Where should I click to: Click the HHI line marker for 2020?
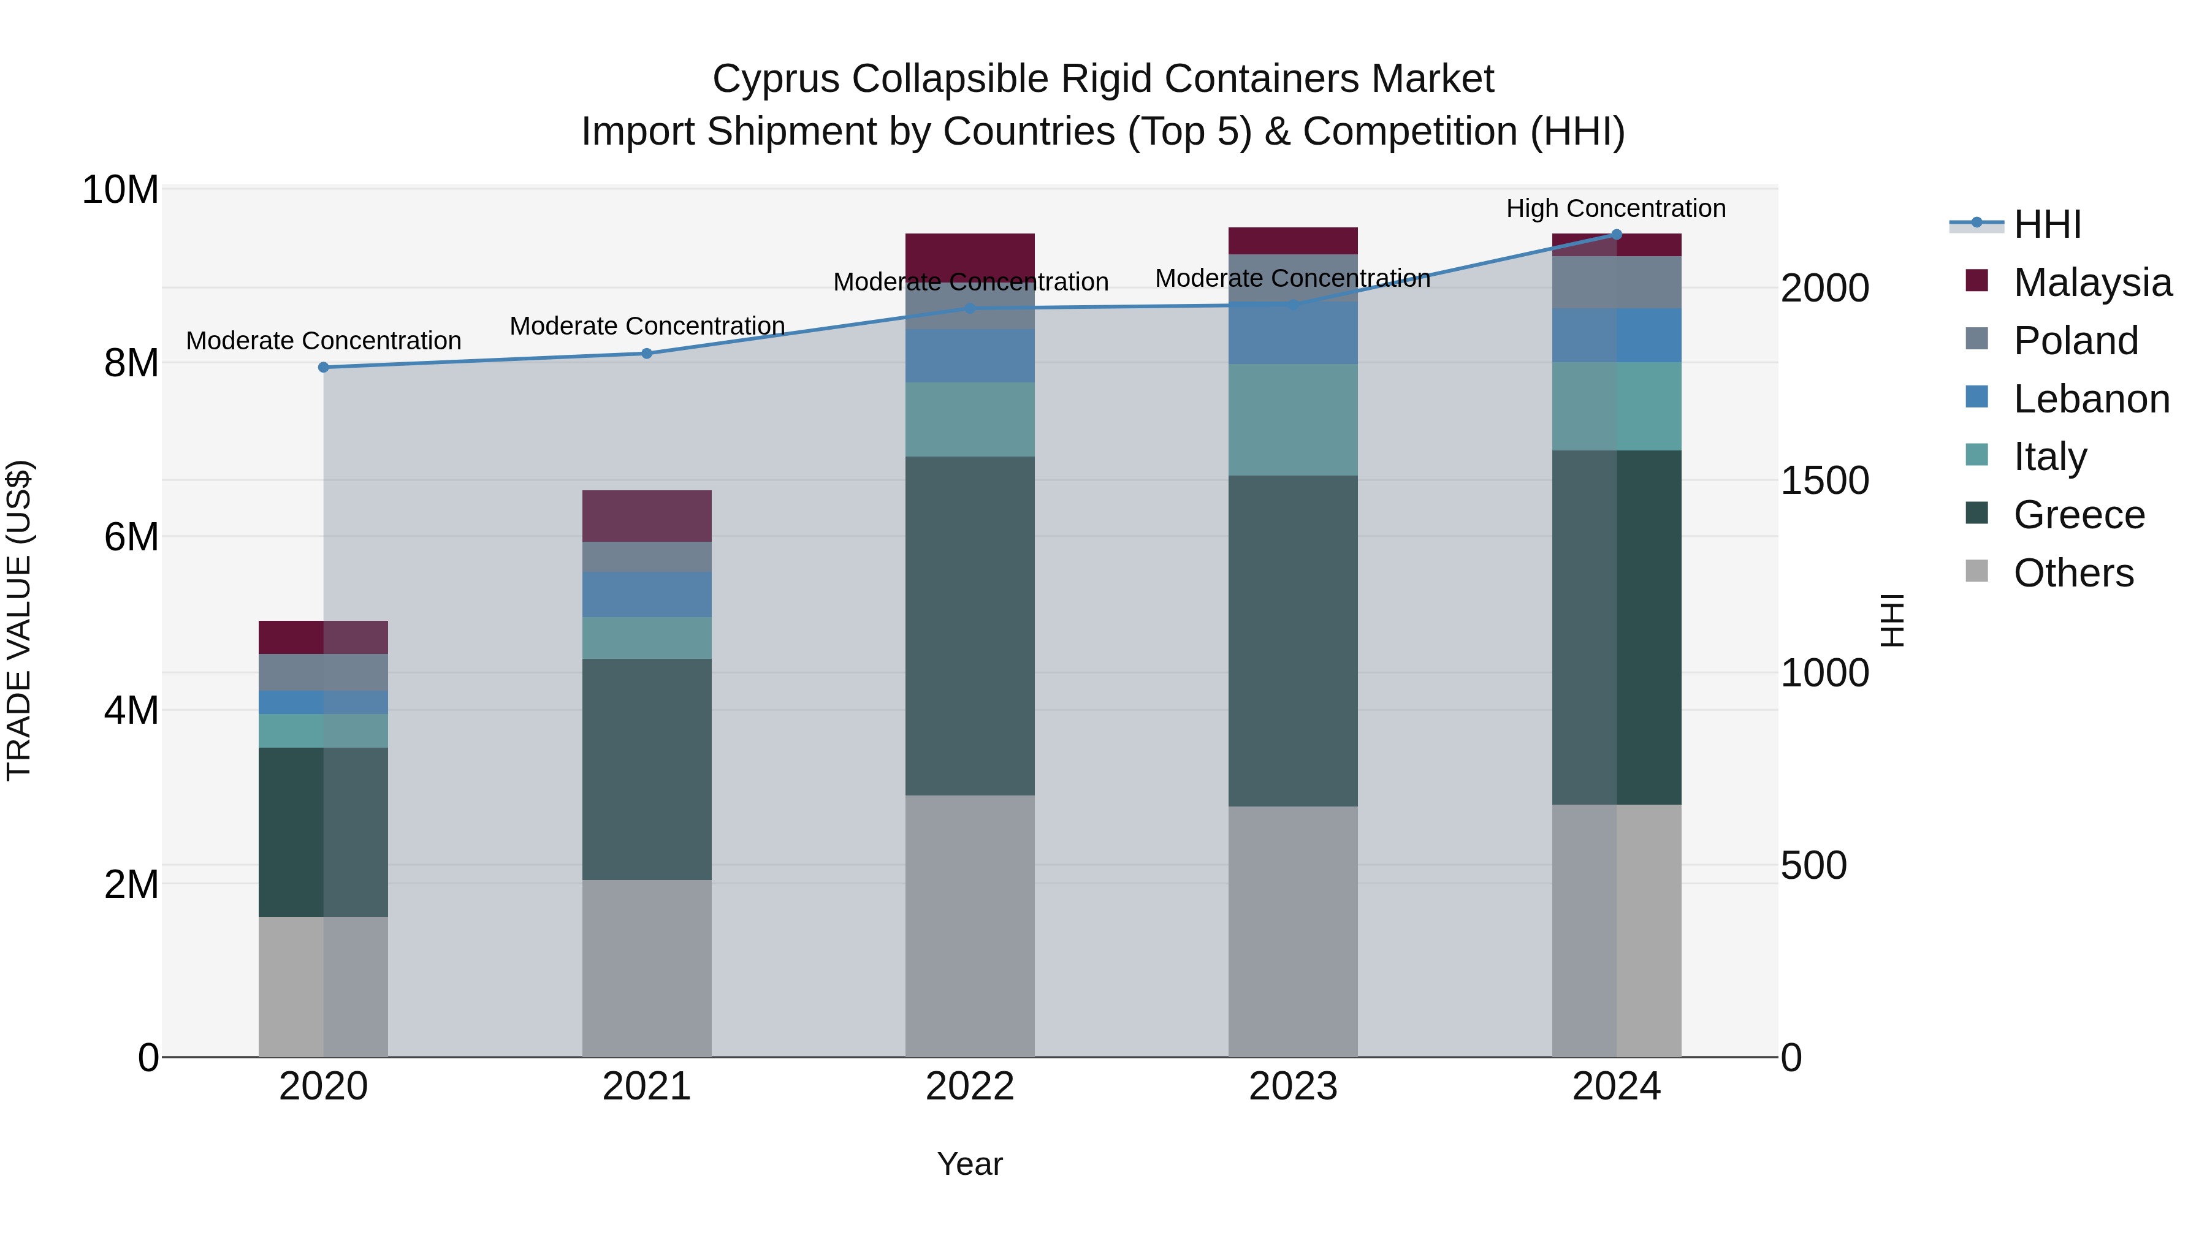pos(323,368)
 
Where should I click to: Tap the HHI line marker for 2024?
pos(1617,235)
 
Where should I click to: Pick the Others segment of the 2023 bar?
pos(1293,931)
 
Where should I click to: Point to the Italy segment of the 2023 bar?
pos(1293,420)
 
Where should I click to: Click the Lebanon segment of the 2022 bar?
pos(970,355)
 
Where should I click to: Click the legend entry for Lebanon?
pos(2091,399)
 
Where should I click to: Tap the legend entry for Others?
pos(2073,573)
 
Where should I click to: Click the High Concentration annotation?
pos(1616,208)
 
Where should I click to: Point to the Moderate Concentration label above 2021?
pos(647,326)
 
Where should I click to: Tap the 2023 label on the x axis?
pos(1293,1086)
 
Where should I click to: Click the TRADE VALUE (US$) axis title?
pos(19,620)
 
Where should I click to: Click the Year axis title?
pos(969,1164)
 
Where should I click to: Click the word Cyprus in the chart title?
pos(776,79)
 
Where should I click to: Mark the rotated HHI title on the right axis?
pos(1892,620)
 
